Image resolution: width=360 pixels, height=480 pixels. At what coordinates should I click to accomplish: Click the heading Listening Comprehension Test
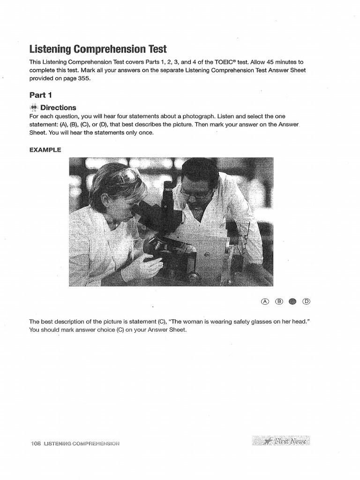[97, 49]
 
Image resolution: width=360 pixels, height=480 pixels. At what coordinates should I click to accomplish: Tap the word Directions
[58, 107]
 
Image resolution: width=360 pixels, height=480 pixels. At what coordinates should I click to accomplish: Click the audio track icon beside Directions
[33, 107]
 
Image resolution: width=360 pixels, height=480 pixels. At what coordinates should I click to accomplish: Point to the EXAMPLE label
[45, 150]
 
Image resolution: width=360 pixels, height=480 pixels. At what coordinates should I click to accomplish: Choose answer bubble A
[265, 301]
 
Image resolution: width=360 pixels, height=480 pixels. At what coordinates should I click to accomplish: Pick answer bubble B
[279, 301]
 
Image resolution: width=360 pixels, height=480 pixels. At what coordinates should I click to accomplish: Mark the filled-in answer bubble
[293, 301]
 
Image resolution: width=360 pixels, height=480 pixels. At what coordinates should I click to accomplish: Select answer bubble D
[307, 301]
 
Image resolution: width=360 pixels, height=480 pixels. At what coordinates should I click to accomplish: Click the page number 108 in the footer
[35, 443]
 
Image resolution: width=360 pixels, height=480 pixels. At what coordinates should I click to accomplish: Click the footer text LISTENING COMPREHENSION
[82, 443]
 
